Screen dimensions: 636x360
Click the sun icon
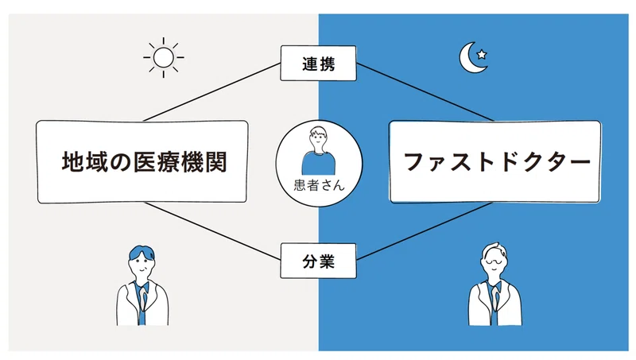click(164, 57)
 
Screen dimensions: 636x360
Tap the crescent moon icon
click(471, 59)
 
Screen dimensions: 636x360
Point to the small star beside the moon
click(482, 54)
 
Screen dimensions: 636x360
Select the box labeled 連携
click(319, 64)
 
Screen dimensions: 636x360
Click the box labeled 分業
click(319, 261)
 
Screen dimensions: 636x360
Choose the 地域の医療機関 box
click(142, 162)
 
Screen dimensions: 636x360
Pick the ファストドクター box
click(494, 162)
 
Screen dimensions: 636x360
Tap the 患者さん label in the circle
click(320, 185)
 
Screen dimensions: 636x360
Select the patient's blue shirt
click(319, 163)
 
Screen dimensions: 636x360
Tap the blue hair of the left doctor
click(142, 252)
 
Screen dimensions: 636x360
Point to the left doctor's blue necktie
click(142, 305)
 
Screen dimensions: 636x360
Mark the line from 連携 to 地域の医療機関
click(212, 92)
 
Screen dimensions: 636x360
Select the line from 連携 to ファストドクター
click(425, 92)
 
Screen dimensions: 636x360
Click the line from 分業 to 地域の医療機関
click(212, 231)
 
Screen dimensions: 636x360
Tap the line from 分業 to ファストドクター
click(425, 231)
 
